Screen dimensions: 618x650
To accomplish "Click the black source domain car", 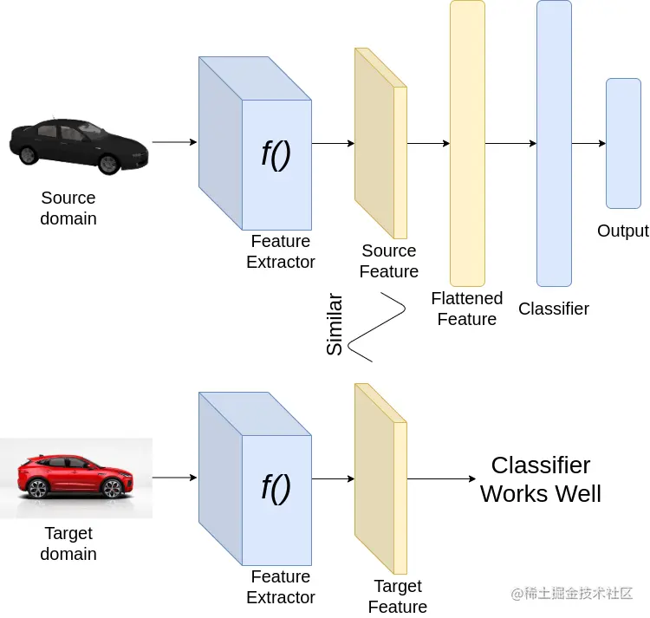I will tap(79, 144).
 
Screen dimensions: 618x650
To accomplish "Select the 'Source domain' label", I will tap(68, 208).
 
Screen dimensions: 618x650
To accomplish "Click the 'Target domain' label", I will tap(68, 543).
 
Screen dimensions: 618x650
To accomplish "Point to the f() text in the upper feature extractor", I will tap(276, 153).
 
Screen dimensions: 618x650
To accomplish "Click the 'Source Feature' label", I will tap(389, 261).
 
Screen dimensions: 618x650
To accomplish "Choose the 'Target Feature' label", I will tap(398, 596).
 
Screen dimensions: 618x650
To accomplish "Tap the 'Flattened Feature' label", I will tap(466, 309).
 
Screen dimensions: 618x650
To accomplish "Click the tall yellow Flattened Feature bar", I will tap(467, 143).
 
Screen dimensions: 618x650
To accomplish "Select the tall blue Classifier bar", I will tap(554, 143).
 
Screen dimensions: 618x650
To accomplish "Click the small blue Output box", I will tap(623, 143).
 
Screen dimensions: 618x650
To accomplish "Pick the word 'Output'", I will tap(622, 231).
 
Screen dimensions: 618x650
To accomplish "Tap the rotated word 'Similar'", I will tap(335, 325).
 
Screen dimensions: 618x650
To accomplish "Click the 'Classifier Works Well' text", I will tap(541, 479).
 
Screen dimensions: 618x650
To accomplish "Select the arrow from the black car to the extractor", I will tap(174, 143).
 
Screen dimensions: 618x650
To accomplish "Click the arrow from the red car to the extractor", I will tap(174, 478).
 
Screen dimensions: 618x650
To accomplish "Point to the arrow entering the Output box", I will tap(588, 143).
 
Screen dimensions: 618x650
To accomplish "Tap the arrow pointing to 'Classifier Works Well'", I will tap(441, 478).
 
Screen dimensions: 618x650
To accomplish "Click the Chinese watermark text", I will tap(572, 593).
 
